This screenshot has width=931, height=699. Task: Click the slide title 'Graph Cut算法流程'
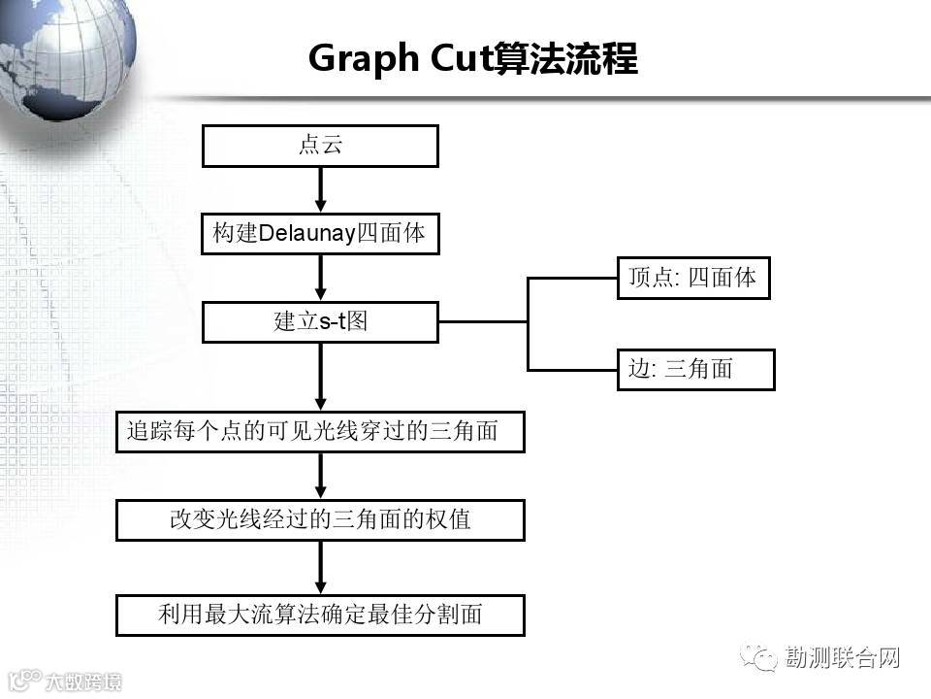pos(472,59)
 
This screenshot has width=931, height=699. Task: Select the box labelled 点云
pos(320,146)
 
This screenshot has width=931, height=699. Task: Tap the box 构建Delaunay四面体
pos(320,234)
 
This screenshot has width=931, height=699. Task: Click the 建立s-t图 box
pos(320,322)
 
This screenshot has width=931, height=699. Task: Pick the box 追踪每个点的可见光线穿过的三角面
pos(320,432)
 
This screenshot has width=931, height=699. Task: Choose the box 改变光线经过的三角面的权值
pos(320,519)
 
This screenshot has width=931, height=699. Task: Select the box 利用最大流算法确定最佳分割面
pos(320,615)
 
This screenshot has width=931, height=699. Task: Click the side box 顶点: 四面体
pos(693,279)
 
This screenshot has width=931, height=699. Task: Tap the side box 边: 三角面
pos(695,369)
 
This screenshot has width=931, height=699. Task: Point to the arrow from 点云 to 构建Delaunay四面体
pos(320,190)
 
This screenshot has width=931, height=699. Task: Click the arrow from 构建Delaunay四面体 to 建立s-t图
pos(320,279)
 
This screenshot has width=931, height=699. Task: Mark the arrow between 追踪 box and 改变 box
pos(320,476)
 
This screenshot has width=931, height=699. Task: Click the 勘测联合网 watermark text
pos(842,658)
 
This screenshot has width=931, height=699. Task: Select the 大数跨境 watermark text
pos(83,681)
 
